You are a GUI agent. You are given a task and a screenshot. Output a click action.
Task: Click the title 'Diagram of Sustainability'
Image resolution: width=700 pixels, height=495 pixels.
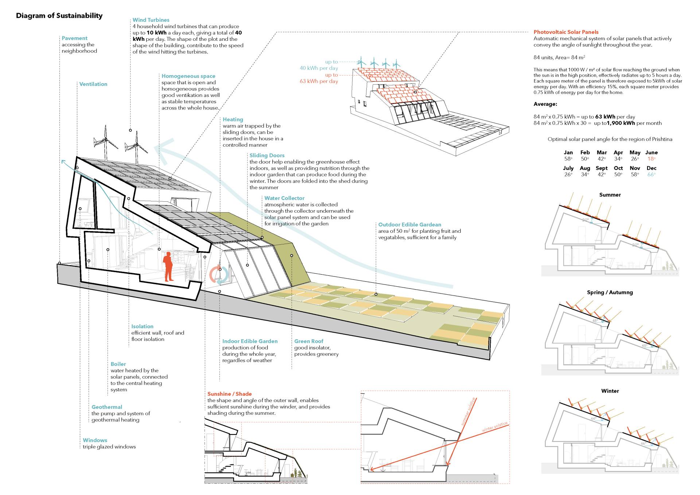59,16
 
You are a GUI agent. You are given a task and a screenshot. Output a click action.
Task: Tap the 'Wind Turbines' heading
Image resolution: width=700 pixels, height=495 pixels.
151,20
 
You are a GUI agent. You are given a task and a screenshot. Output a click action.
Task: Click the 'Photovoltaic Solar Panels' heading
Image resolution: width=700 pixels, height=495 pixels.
566,32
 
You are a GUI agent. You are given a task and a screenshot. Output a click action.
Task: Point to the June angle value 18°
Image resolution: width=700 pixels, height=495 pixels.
651,159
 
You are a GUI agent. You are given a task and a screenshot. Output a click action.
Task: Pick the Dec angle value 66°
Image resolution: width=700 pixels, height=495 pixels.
651,175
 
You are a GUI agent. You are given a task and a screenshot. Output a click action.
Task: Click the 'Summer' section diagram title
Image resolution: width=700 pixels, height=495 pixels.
610,195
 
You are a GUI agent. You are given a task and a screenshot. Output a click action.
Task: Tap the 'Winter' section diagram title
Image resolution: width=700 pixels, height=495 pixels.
610,391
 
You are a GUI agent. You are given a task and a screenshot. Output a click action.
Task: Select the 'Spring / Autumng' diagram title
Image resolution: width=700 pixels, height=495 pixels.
610,293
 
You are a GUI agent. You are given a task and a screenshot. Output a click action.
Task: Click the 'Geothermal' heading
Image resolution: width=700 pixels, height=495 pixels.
107,407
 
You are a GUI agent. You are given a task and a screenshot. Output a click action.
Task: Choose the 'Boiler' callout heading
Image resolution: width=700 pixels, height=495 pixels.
118,364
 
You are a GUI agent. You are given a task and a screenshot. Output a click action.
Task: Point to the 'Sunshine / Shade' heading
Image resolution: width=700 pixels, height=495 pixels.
229,394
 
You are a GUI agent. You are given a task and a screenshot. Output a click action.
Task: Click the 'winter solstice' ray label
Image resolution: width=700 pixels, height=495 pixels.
494,427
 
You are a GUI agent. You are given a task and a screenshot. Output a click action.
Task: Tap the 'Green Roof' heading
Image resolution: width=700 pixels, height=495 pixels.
309,341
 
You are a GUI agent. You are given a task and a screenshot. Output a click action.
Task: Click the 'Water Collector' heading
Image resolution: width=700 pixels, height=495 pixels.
284,198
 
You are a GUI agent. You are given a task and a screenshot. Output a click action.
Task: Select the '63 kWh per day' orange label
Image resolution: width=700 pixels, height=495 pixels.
319,81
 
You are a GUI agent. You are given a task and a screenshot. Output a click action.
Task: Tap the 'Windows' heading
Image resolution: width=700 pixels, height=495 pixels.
95,440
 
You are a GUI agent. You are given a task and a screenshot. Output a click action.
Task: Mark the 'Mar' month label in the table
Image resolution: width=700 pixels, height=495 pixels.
602,152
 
